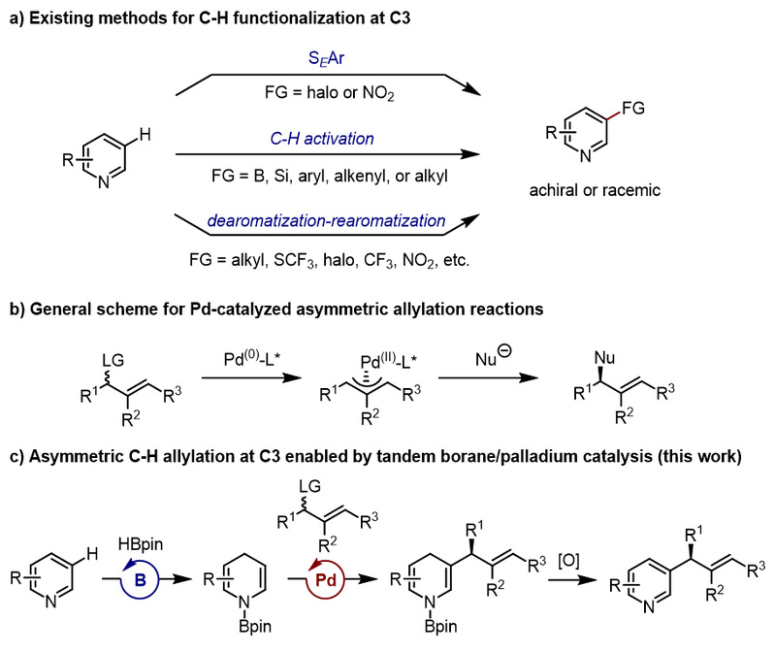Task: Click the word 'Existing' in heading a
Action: pos(64,13)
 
